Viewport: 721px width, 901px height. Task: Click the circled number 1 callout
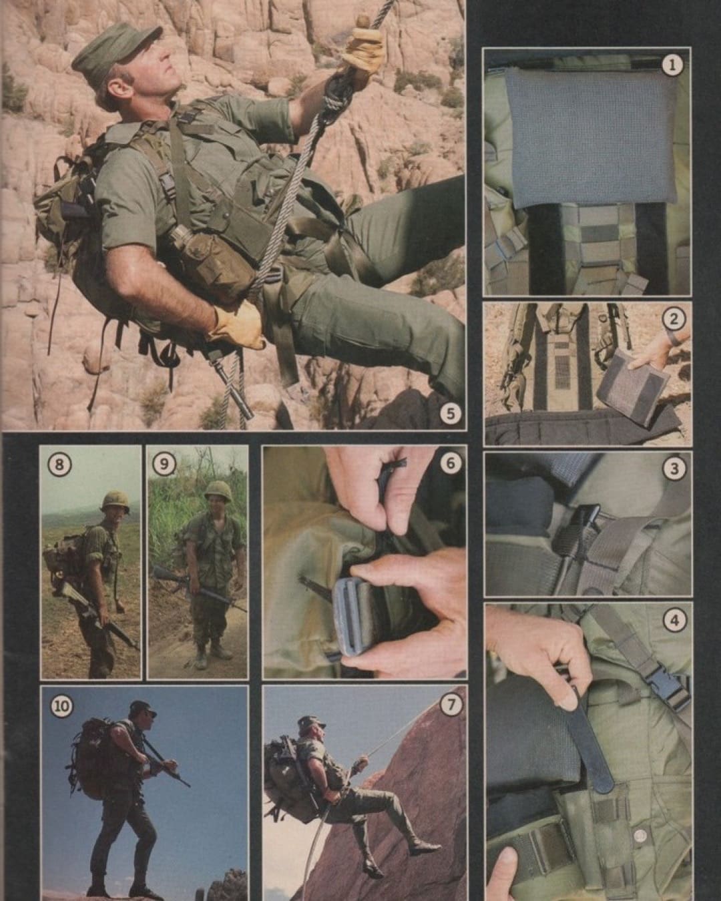point(673,65)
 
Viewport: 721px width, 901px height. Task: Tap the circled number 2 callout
point(673,320)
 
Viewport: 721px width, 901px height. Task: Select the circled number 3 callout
point(673,469)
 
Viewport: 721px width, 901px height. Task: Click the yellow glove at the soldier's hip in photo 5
point(238,326)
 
